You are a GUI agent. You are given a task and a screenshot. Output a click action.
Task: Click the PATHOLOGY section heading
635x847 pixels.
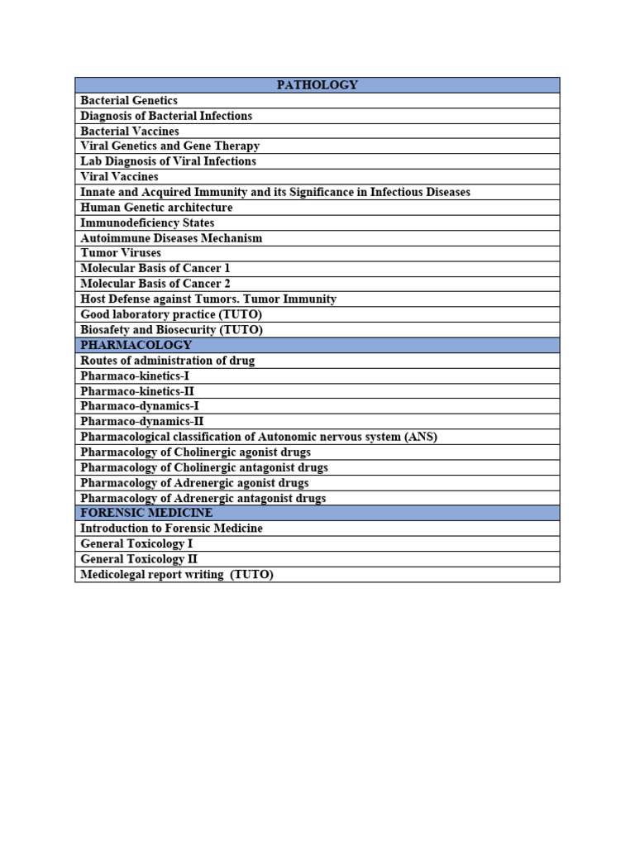pyautogui.click(x=317, y=85)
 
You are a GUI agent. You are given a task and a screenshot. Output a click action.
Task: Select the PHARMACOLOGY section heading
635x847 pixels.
pyautogui.click(x=136, y=345)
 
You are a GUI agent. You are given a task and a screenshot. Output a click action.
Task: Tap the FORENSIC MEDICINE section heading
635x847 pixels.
pyautogui.click(x=146, y=513)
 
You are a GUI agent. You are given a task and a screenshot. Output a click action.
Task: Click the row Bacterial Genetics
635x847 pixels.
pyautogui.click(x=129, y=100)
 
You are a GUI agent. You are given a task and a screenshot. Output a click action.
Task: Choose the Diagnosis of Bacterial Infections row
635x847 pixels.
pyautogui.click(x=166, y=116)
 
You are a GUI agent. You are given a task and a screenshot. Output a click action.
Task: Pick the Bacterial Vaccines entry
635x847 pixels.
pyautogui.click(x=130, y=131)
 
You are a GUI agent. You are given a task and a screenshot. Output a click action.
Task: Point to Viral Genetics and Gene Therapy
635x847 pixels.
pyautogui.click(x=170, y=146)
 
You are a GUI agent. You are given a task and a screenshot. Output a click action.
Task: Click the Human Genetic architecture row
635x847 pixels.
pyautogui.click(x=156, y=207)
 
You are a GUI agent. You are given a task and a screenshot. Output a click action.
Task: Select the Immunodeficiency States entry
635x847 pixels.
pyautogui.click(x=147, y=223)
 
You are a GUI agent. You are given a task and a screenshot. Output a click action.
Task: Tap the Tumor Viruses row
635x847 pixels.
pyautogui.click(x=121, y=252)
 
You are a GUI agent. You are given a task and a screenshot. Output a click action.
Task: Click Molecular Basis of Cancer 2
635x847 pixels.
pyautogui.click(x=155, y=283)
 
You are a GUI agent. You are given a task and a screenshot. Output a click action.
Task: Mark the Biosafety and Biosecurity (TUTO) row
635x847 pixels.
pyautogui.click(x=171, y=329)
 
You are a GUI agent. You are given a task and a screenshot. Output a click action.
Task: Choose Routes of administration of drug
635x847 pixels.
pyautogui.click(x=168, y=360)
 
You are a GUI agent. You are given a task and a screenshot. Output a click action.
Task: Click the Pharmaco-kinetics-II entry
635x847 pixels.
pyautogui.click(x=137, y=390)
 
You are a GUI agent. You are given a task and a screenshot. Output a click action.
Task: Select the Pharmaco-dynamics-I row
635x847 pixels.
pyautogui.click(x=139, y=405)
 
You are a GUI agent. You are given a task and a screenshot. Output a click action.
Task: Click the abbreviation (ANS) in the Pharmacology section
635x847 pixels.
pyautogui.click(x=420, y=436)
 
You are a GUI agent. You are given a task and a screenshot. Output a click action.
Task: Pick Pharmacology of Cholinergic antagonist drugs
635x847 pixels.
pyautogui.click(x=204, y=467)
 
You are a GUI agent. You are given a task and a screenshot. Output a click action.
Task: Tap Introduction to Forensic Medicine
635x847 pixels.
pyautogui.click(x=171, y=528)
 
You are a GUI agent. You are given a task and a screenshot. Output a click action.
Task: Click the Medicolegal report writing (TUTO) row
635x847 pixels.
pyautogui.click(x=177, y=574)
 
